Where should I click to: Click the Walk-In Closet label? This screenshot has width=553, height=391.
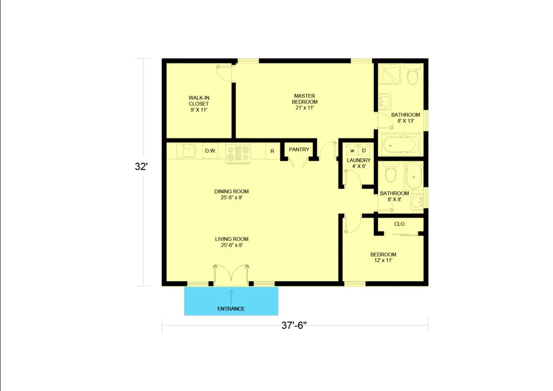pos(199,104)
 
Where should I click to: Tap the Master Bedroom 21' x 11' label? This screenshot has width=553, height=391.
pos(305,102)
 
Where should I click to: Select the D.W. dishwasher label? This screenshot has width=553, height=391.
pos(211,151)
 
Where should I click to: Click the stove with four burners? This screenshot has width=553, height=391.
pos(238,154)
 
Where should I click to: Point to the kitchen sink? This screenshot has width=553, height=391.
pos(186,151)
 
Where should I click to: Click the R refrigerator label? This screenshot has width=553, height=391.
pos(272,151)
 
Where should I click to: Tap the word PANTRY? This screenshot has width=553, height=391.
pos(299,150)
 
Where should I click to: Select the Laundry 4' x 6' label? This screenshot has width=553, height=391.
pos(359,163)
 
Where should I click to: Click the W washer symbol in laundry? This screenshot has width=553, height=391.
pos(352,150)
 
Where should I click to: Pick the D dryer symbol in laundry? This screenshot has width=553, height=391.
pos(364,150)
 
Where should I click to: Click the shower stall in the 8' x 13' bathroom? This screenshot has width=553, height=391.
pos(390,75)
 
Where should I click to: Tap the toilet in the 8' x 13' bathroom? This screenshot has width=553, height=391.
pos(413,75)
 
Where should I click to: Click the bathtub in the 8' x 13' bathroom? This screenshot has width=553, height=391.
pos(400,145)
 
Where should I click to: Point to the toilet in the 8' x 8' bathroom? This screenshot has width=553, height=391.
pos(391,172)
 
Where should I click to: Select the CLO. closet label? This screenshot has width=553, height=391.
pos(400,224)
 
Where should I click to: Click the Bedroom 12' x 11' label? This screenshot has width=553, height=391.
pos(383,258)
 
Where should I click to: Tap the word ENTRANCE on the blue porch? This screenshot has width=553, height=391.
pos(231,309)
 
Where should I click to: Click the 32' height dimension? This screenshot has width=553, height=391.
pos(141,166)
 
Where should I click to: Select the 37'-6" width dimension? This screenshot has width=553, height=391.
pos(294,326)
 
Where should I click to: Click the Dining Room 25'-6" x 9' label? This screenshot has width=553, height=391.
pos(231,194)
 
